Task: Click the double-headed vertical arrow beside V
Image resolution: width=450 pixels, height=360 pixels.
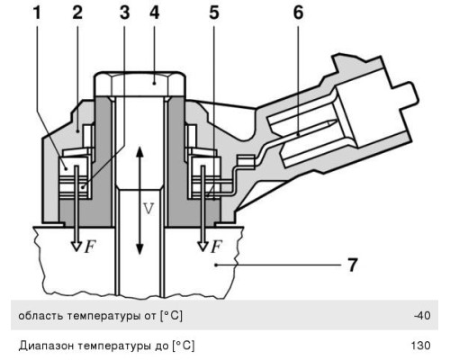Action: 138,198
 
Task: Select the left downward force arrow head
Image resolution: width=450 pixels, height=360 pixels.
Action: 77,244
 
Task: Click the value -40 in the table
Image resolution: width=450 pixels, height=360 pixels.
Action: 423,315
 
